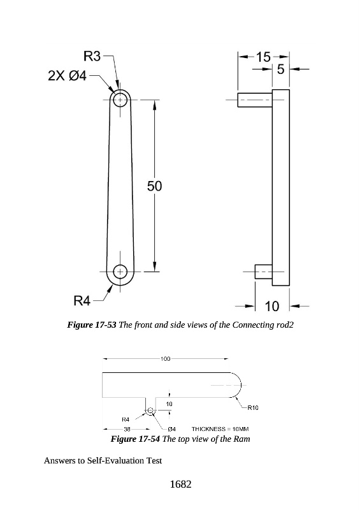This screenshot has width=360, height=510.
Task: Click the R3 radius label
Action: point(92,56)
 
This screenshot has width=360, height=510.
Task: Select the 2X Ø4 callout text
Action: point(68,76)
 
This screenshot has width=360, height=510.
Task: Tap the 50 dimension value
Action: point(154,186)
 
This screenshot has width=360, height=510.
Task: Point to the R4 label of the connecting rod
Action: point(82,301)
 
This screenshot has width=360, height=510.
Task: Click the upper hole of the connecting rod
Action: point(120,99)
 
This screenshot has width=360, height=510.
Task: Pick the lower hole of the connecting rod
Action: point(120,272)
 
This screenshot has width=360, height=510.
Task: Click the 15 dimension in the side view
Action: point(263,57)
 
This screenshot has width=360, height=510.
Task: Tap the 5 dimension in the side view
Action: point(280,69)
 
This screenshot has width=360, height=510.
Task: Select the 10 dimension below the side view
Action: point(272,306)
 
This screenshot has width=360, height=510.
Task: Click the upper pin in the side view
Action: point(255,99)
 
